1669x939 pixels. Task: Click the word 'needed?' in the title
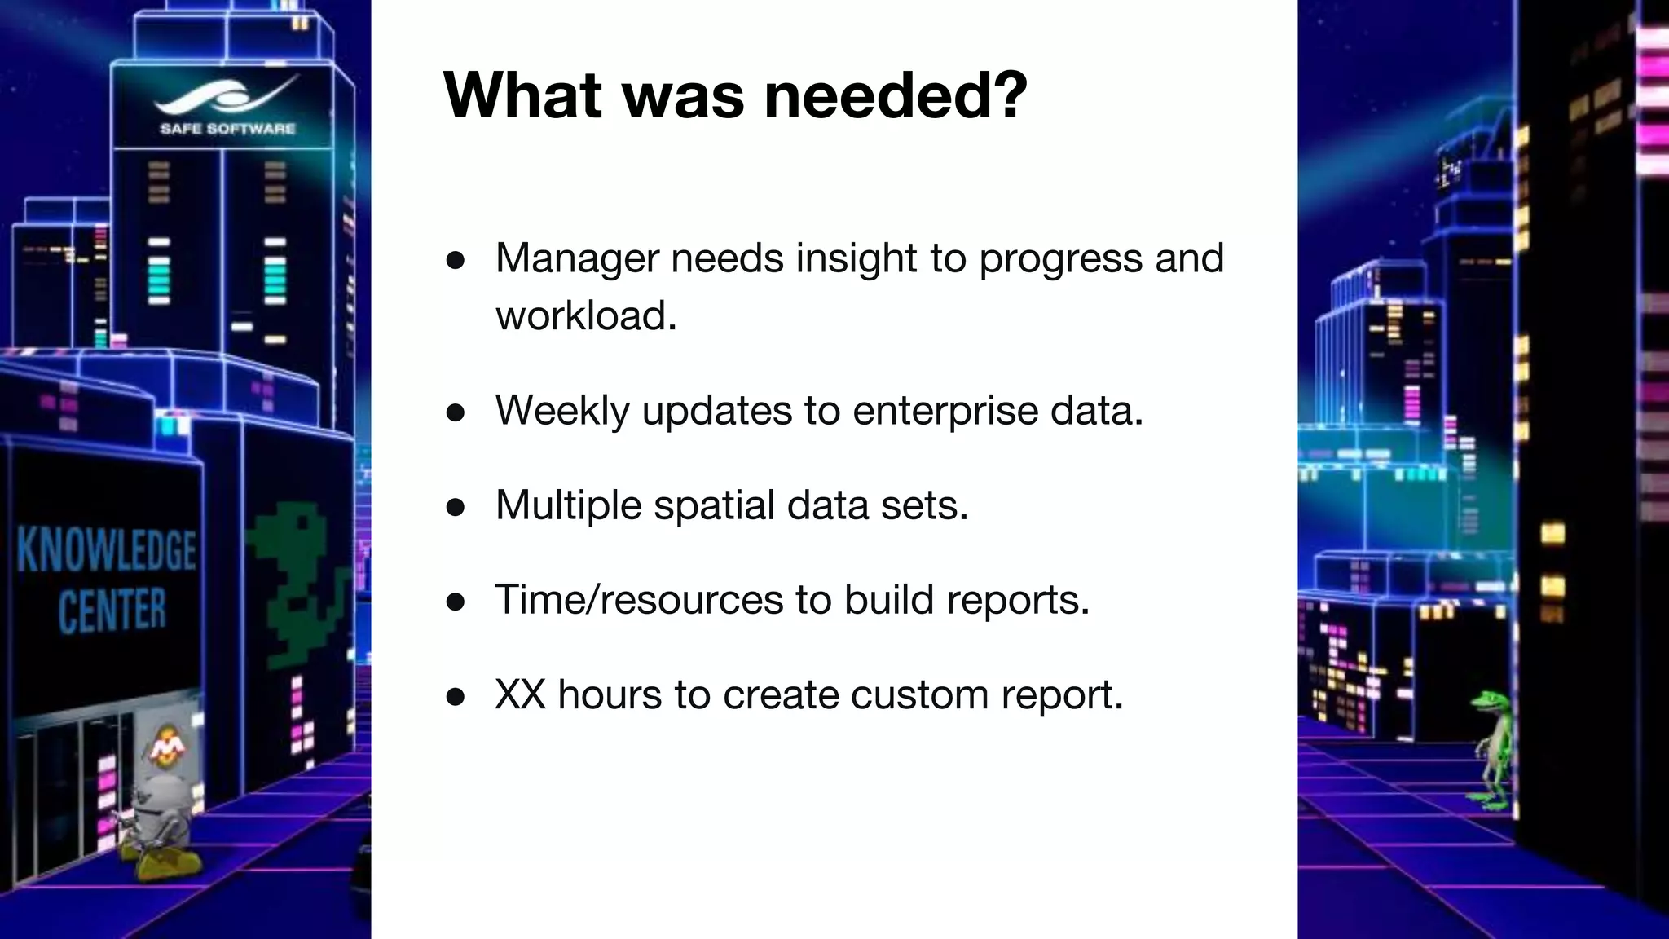point(896,96)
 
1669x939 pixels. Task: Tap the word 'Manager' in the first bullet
point(577,259)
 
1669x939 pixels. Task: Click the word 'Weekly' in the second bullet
point(562,410)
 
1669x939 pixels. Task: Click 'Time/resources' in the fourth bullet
point(638,600)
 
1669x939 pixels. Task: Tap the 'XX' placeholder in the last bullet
point(520,694)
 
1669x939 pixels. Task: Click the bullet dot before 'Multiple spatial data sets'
point(456,508)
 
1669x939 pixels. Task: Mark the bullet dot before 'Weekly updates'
point(456,412)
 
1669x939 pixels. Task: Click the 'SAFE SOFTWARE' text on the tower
point(227,129)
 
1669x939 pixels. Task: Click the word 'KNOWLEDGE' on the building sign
point(107,550)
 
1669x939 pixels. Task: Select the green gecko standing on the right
point(1493,750)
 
